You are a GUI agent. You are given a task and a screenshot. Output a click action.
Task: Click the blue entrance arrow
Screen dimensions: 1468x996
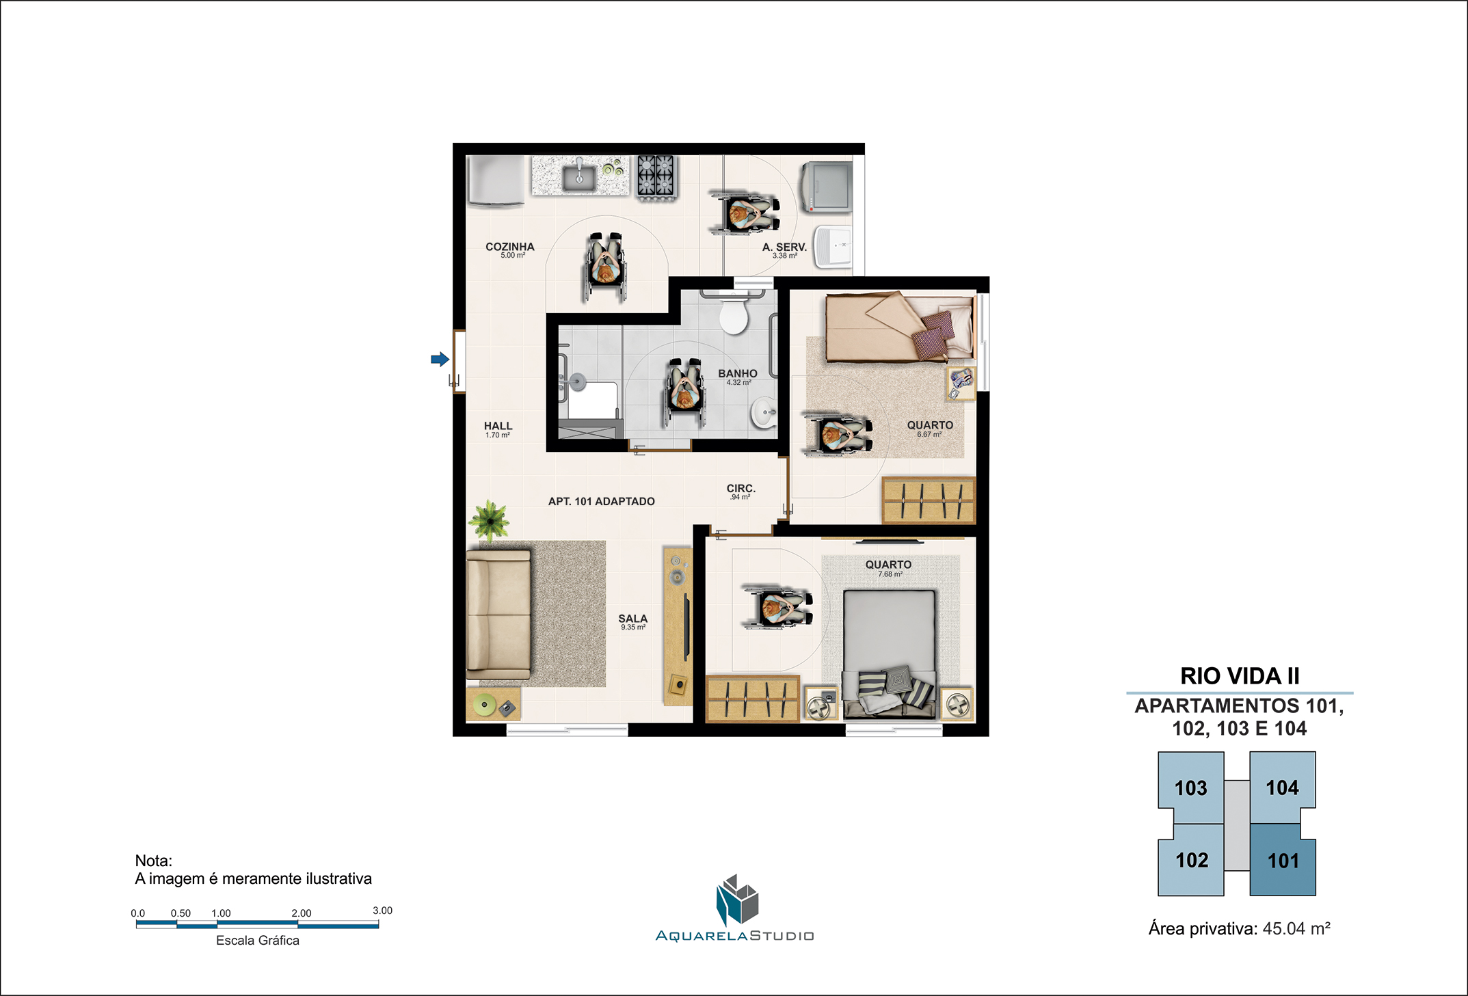pos(440,359)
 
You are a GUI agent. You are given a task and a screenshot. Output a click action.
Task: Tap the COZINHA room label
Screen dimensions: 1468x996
pos(510,247)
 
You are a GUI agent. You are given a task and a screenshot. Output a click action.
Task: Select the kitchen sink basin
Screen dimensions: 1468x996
pos(578,177)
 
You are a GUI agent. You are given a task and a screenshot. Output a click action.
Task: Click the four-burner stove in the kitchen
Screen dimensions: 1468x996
pos(656,176)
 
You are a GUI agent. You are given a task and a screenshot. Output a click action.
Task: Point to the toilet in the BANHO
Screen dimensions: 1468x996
pos(734,314)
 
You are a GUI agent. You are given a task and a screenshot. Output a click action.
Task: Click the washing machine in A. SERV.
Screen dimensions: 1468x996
pos(827,186)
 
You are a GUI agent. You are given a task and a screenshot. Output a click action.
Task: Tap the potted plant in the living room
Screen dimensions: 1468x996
pos(490,519)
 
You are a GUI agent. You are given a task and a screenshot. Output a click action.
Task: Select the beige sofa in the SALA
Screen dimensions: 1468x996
pos(498,615)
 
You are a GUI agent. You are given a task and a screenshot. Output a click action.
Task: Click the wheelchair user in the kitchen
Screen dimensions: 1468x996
pos(605,267)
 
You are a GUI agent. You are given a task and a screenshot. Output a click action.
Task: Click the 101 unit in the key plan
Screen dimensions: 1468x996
pos(1283,860)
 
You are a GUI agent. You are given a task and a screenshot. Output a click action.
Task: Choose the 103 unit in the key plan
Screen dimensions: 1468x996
pos(1190,788)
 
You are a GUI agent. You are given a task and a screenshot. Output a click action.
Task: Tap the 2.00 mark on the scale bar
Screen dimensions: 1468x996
pos(302,913)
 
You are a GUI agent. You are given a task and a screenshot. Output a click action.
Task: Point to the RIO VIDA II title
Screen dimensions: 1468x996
pos(1240,676)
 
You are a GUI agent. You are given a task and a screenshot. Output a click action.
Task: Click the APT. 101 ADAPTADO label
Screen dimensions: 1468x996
pos(602,501)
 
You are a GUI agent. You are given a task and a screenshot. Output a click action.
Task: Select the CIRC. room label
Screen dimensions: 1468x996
pos(741,488)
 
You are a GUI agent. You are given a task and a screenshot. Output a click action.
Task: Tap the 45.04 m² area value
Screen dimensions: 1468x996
pos(1296,928)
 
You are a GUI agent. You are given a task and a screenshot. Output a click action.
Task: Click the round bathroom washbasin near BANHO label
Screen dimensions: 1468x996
pos(765,412)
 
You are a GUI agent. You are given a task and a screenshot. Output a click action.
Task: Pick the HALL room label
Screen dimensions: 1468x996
pos(498,426)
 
